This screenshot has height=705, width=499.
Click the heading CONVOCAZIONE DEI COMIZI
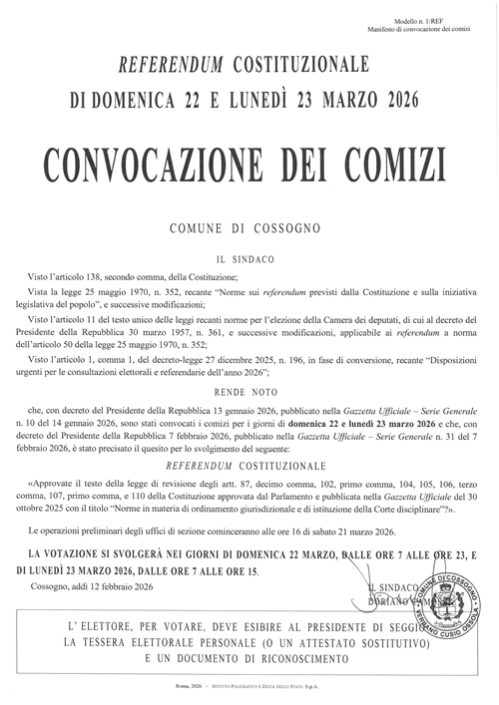click(x=249, y=159)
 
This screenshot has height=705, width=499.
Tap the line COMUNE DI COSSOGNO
click(x=249, y=227)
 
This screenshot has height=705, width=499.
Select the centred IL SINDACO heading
click(x=249, y=256)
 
